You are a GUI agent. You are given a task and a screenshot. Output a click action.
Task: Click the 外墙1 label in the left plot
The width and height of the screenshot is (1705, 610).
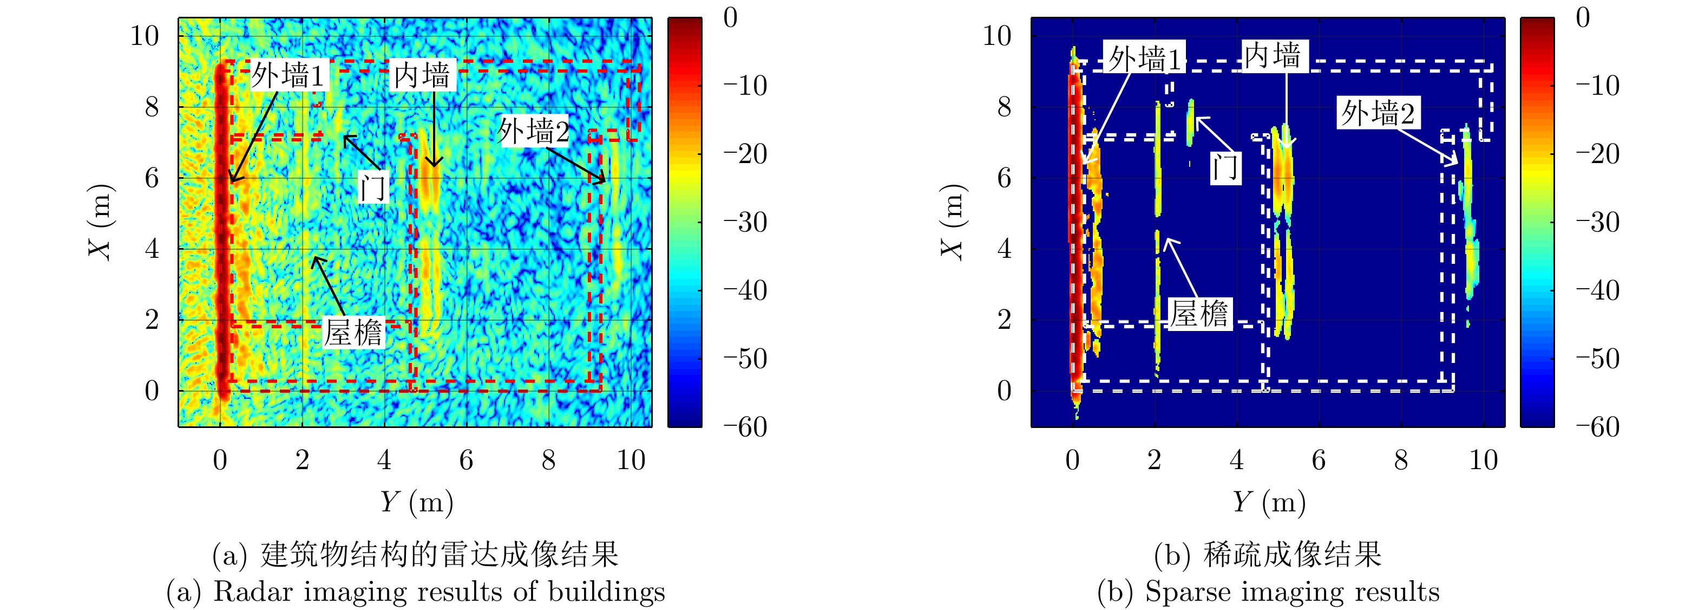pos(288,75)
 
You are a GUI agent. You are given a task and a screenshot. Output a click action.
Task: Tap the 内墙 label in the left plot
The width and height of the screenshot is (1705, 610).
pos(422,75)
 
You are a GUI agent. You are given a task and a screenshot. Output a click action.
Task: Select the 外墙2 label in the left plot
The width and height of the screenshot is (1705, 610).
pos(534,131)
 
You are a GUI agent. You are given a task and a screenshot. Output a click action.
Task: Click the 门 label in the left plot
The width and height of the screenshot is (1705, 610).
pos(372,187)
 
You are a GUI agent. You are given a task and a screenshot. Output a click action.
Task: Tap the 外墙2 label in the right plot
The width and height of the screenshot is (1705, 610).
pos(1378,113)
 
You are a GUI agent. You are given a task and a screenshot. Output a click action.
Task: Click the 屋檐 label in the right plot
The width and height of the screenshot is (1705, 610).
pos(1199,313)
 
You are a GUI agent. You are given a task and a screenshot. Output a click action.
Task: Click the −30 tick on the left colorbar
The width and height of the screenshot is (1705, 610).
pos(745,222)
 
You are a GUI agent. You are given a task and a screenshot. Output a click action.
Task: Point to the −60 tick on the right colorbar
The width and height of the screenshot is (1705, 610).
pos(1598,426)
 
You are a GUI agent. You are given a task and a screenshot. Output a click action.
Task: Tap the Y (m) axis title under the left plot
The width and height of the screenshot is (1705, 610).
pos(416,502)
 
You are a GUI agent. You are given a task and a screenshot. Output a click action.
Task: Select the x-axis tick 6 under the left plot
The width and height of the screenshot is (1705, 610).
pos(467,459)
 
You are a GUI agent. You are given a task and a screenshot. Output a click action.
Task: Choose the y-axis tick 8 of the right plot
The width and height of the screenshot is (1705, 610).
pos(1004,107)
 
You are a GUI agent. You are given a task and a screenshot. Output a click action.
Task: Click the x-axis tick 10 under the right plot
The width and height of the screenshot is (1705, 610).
pos(1483,459)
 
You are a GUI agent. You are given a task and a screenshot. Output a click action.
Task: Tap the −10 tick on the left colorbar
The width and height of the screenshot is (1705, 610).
pos(745,86)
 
